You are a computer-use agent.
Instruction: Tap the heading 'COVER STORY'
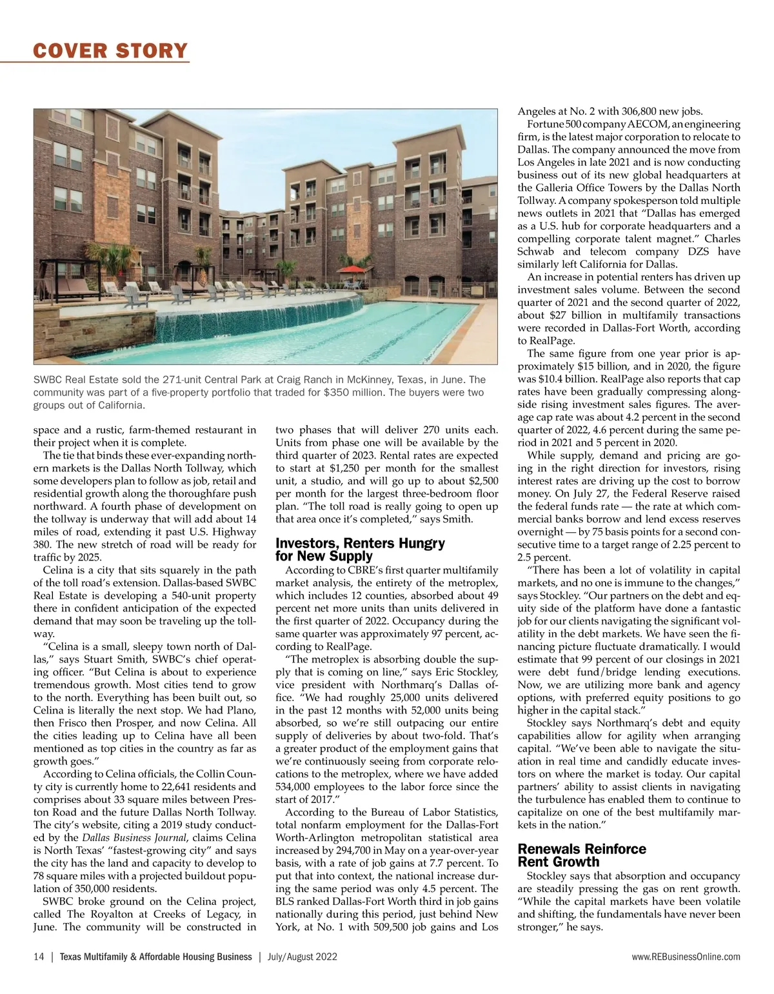tap(111, 50)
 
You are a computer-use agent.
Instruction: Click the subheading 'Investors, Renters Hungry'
tap(360, 543)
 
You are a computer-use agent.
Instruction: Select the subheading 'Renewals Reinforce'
tap(582, 849)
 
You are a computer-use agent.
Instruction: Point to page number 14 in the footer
tap(39, 957)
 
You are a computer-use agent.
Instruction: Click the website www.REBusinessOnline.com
tap(686, 957)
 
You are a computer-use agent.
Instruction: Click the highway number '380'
tap(42, 545)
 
